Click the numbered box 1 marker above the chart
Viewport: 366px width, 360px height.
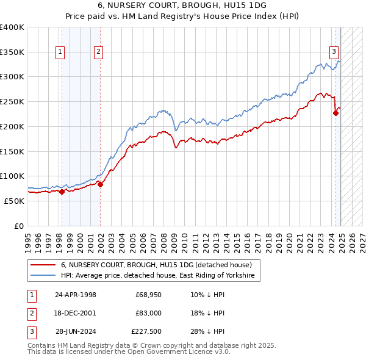point(61,52)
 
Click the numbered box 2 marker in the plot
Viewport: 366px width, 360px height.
point(98,52)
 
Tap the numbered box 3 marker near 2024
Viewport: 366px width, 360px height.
point(334,52)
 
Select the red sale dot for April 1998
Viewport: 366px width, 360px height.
point(62,192)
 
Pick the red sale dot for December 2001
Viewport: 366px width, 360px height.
point(101,184)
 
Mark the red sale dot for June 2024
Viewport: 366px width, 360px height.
point(335,113)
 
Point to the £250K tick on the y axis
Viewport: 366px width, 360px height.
point(12,101)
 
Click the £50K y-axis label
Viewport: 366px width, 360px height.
point(13,201)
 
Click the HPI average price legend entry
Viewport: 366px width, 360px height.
point(160,276)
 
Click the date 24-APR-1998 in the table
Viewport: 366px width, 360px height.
point(76,295)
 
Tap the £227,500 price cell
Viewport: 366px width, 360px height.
point(146,331)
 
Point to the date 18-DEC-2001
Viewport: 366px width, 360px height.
point(76,313)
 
